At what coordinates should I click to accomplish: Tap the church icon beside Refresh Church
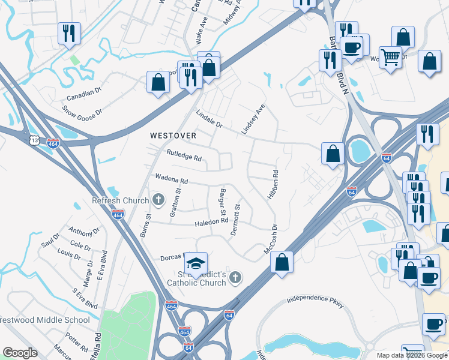(x=158, y=199)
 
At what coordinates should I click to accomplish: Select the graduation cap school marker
(x=196, y=263)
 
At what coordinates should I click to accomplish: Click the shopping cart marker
(x=390, y=58)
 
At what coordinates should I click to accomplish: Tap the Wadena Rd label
(x=172, y=179)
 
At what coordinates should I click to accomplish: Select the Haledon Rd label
(x=211, y=221)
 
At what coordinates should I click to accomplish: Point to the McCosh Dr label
(x=270, y=239)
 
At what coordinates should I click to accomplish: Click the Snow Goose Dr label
(x=83, y=112)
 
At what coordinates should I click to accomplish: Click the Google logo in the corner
(x=20, y=353)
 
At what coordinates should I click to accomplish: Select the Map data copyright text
(x=411, y=355)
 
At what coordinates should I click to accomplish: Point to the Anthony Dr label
(x=84, y=232)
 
